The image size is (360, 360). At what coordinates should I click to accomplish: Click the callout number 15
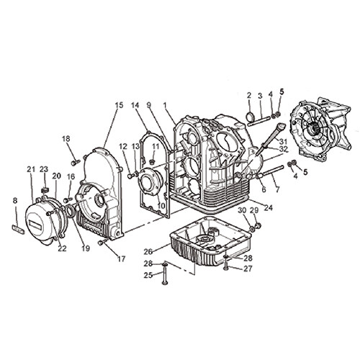coord(119,105)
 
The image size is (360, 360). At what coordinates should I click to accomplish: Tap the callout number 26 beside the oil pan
coord(148,251)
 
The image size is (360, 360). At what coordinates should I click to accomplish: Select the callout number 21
coord(31,169)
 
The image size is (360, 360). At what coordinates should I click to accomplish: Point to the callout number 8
coord(15,200)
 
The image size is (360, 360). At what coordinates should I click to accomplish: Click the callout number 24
coord(269,207)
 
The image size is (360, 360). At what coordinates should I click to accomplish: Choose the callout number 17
coord(121,259)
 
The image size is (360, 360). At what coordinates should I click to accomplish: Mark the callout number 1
coord(165,105)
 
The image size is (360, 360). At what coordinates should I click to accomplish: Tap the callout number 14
coord(135,105)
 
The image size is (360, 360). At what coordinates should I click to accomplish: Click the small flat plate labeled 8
coord(18,229)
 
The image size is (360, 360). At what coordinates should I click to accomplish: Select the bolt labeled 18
coord(75,163)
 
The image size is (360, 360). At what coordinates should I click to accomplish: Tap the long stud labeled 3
coord(260,121)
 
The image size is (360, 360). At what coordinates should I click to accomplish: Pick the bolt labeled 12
coord(131,176)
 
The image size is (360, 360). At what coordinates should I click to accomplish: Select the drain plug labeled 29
coord(258,225)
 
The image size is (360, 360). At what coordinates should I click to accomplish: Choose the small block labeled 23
coord(45,190)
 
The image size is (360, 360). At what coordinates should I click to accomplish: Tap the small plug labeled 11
coord(152,161)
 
